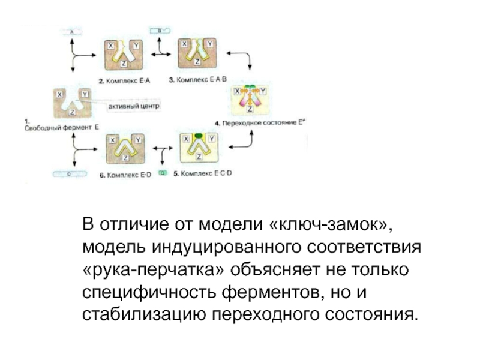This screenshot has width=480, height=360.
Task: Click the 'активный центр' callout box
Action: [133, 106]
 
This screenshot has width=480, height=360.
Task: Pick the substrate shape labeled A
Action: [71, 31]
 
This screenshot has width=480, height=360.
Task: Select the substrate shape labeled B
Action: [160, 29]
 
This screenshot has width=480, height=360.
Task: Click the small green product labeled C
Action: [162, 173]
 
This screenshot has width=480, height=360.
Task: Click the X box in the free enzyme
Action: [59, 94]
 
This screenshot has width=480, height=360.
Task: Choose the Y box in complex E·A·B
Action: [209, 44]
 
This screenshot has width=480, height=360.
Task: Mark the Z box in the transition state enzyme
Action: [251, 108]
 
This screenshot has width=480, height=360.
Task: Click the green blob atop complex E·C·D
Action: [196, 137]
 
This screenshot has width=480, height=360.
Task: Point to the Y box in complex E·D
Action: [139, 139]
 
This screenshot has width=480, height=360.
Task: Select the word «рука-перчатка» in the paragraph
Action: [157, 269]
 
